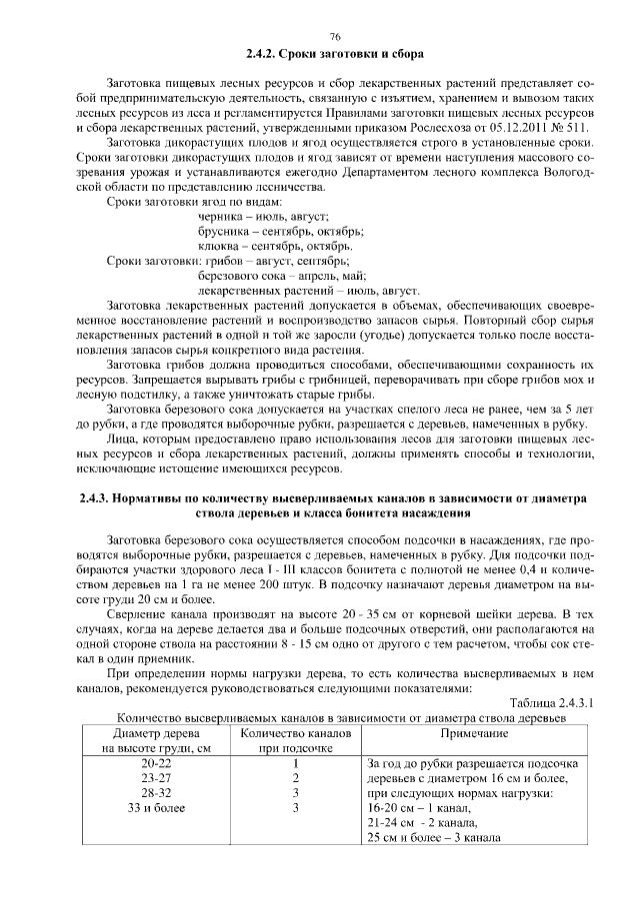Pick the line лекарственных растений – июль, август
pyautogui.click(x=309, y=290)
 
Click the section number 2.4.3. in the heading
pyautogui.click(x=99, y=496)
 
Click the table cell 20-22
pyautogui.click(x=157, y=764)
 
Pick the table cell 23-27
pyautogui.click(x=157, y=778)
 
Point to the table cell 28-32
pyautogui.click(x=157, y=793)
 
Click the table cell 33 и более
pyautogui.click(x=157, y=808)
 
